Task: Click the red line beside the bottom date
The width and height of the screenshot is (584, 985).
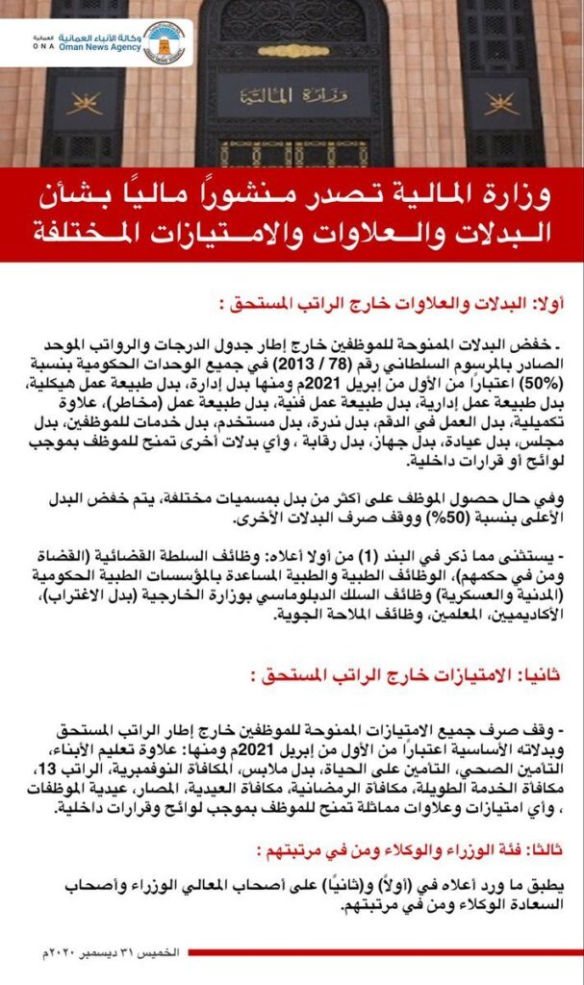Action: [385, 951]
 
